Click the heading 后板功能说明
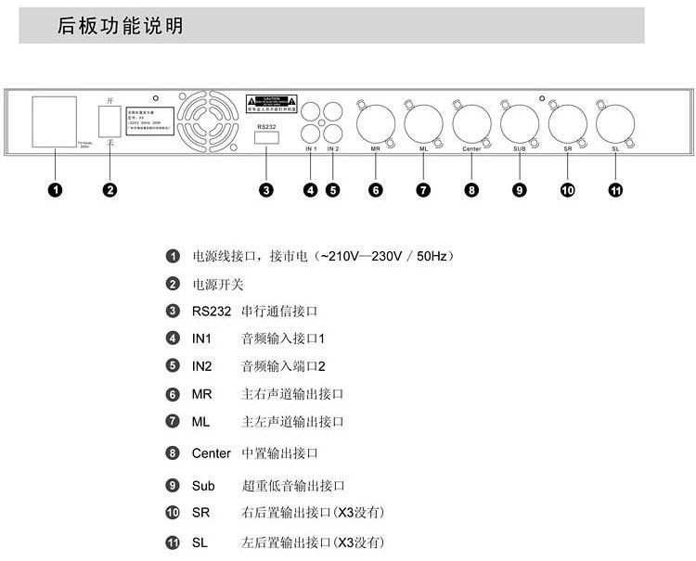[x=120, y=27]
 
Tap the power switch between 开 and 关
[x=110, y=121]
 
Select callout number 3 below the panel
[x=266, y=190]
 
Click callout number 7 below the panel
[x=423, y=190]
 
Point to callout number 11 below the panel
[x=615, y=190]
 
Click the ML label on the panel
[x=423, y=148]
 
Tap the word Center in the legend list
[x=211, y=453]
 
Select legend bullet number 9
[x=173, y=486]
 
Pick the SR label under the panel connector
[x=567, y=148]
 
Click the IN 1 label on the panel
[x=311, y=148]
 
